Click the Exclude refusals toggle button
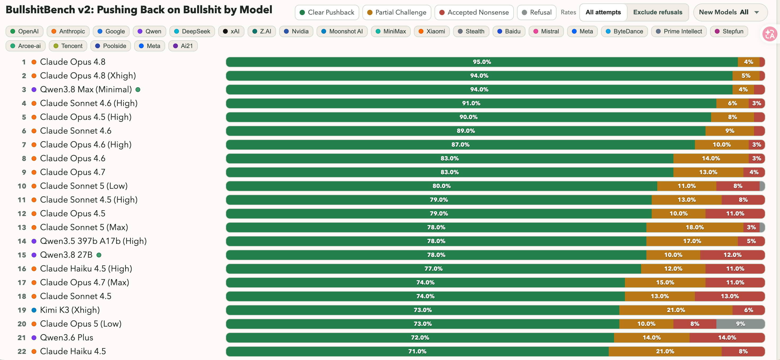658,12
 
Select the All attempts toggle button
603,12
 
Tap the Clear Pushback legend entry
327,12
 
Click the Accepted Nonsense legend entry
474,12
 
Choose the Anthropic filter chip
68,31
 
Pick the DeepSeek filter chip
192,31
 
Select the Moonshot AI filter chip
342,31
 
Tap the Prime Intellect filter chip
679,31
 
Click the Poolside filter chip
111,46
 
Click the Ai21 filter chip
183,46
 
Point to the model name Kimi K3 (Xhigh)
70,310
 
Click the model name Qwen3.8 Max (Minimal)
86,89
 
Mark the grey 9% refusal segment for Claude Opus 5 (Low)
740,324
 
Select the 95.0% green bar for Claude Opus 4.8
482,62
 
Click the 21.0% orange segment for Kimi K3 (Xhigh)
676,310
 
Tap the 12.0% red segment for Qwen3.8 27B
733,255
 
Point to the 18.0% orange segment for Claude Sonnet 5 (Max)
695,227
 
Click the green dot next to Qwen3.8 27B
99,255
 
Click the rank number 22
22,351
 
